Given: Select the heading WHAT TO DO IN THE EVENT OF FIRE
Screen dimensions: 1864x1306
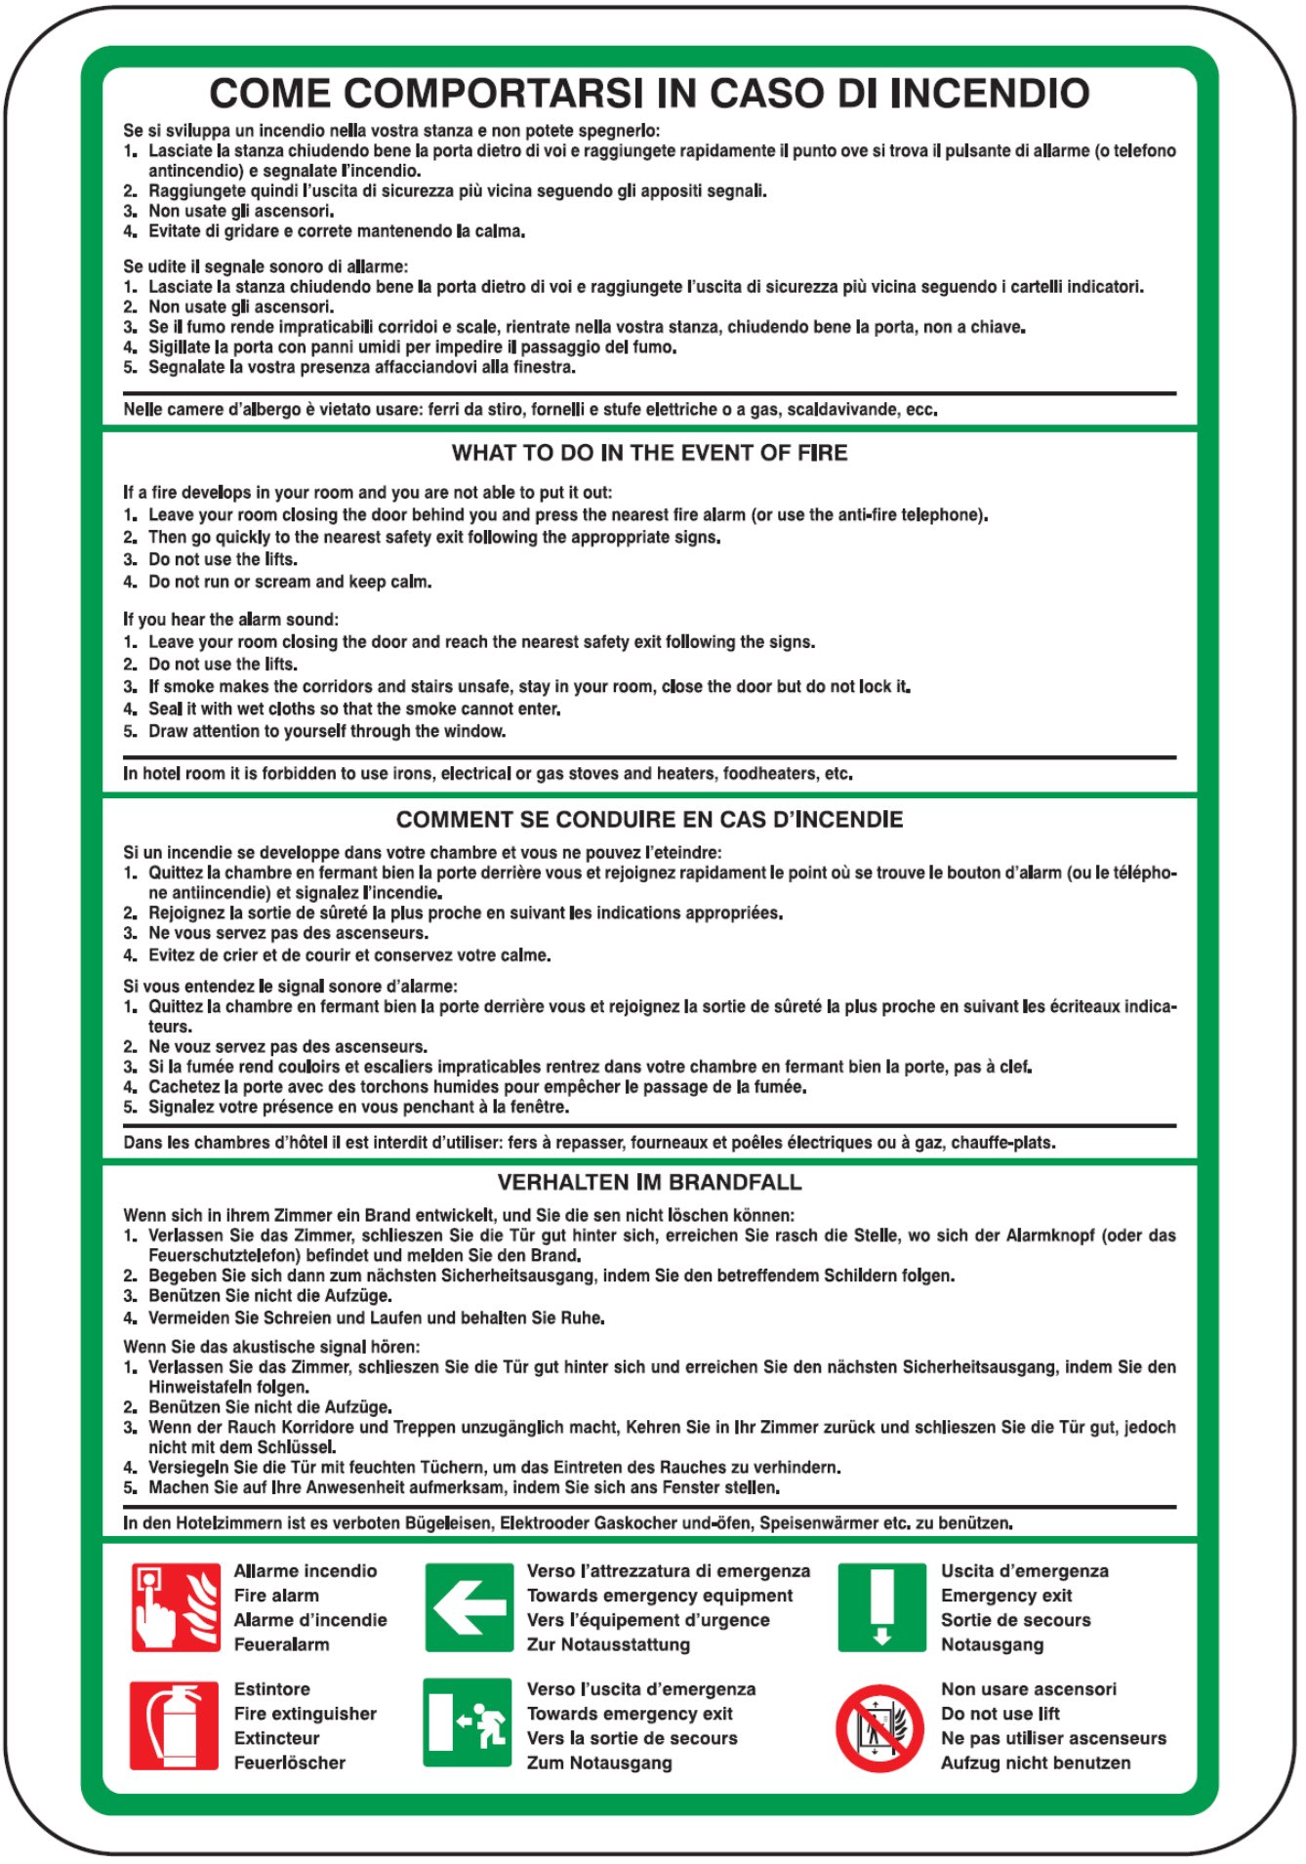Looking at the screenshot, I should pos(649,453).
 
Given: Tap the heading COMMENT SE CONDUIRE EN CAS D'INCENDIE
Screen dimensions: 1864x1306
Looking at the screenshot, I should pos(649,819).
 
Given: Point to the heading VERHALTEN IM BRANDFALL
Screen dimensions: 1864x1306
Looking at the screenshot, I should pos(649,1182).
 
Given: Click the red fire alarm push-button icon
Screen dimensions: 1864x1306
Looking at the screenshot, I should pos(176,1607).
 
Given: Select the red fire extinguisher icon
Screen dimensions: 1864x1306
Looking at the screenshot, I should pos(176,1725).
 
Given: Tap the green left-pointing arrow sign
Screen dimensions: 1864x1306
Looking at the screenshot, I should pos(469,1607).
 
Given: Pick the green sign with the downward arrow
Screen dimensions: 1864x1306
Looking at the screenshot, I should pos(881,1607).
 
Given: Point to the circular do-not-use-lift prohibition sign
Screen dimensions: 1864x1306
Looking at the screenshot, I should pos(879,1728).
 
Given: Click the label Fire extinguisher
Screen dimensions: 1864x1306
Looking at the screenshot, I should pos(305,1714).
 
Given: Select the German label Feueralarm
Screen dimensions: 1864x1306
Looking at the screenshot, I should pos(281,1644).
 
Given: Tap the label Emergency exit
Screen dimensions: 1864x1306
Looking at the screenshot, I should pos(1005,1596).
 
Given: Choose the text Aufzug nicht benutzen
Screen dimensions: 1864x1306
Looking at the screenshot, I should pos(1035,1763).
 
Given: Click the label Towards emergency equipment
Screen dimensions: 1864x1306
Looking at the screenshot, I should pos(660,1596).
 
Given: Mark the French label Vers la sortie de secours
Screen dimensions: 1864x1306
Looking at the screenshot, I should pos(632,1738).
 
